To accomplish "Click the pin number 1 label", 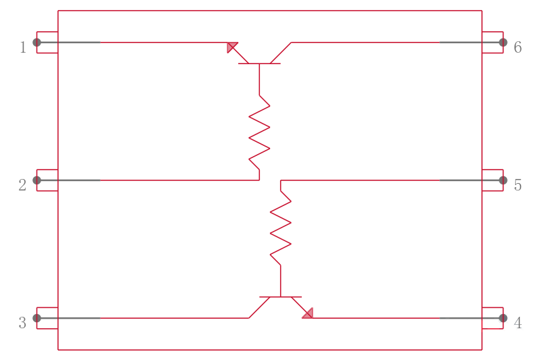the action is click(23, 47).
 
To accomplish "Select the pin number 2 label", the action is click(22, 185).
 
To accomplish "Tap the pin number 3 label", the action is click(22, 323).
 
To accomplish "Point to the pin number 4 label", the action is click(518, 323).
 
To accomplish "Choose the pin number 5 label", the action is click(518, 185).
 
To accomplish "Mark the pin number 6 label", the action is click(518, 47).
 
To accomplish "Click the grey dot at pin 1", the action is click(37, 43).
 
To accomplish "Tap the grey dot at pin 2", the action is click(37, 180).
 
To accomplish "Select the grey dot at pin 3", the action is click(37, 318).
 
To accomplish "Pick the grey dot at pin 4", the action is click(503, 318).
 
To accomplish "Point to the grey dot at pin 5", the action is click(503, 180).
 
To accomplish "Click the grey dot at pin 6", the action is click(503, 43).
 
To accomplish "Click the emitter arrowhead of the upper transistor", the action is click(231, 47).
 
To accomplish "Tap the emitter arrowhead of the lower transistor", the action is click(308, 314).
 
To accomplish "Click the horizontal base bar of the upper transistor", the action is click(259, 63).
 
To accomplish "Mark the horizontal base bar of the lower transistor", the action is click(281, 297).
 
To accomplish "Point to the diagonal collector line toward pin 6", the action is click(281, 53).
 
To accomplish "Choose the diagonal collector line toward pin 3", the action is click(259, 307).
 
